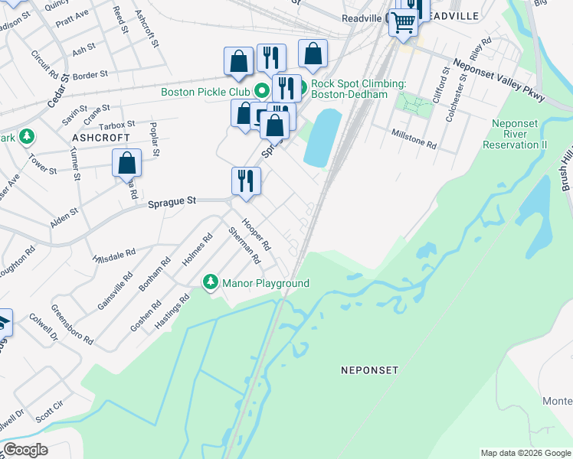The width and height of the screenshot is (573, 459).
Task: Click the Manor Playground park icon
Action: coord(211,283)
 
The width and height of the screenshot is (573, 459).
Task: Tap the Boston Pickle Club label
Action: coord(205,92)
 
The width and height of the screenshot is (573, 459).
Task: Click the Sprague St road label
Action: coord(171,200)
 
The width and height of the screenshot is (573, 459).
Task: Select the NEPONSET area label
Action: coord(370,370)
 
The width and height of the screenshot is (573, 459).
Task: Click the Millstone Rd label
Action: coord(414,143)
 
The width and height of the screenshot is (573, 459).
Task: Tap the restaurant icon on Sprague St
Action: coord(247,181)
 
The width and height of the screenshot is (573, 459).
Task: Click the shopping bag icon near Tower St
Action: coord(127,163)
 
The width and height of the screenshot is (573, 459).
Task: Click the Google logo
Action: coord(26,450)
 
